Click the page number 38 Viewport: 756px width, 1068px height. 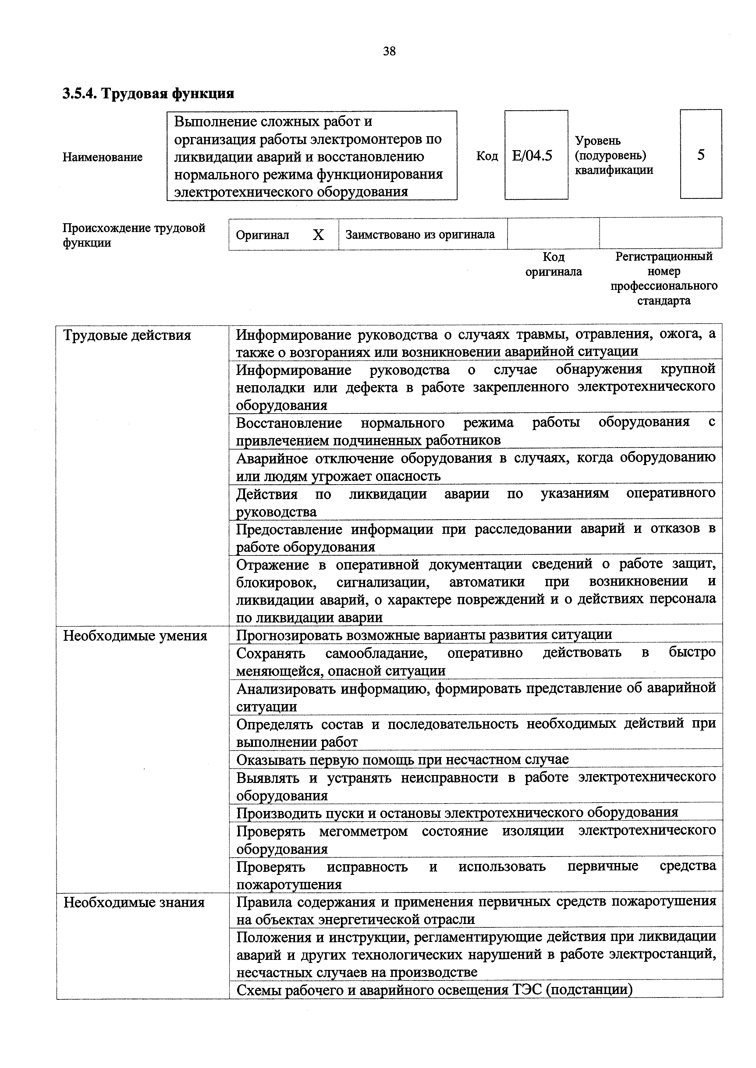(x=389, y=51)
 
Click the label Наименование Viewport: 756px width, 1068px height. (x=102, y=157)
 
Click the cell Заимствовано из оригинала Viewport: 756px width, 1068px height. (x=420, y=235)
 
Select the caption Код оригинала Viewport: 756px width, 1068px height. (x=553, y=264)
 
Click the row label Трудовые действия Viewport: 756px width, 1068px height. (x=127, y=335)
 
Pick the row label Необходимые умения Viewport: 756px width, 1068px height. (x=135, y=635)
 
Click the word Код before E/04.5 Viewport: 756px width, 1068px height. (x=487, y=156)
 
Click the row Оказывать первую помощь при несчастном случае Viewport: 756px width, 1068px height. (x=402, y=760)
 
